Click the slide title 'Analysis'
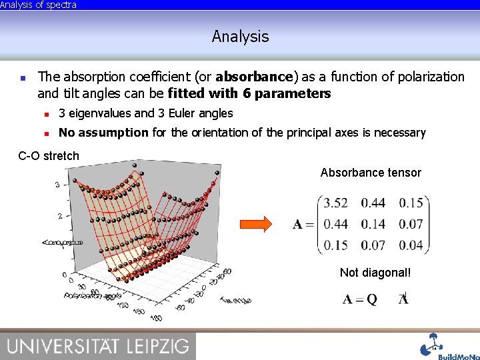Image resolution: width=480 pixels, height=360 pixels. (240, 37)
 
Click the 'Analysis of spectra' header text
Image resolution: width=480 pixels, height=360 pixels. (39, 5)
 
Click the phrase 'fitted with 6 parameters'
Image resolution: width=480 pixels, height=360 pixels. (249, 93)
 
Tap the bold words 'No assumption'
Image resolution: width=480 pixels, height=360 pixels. (103, 133)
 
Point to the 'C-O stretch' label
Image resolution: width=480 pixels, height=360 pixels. (49, 156)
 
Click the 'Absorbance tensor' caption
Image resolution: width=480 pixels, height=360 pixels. (371, 173)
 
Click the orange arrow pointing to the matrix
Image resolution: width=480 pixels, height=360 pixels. (256, 224)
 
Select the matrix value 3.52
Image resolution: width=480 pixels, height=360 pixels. (335, 203)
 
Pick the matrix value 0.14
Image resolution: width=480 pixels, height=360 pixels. (373, 224)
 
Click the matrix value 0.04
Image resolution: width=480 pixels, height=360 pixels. (411, 245)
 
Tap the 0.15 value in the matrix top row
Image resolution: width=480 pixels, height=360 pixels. (411, 203)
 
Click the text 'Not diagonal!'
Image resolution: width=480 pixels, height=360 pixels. (375, 273)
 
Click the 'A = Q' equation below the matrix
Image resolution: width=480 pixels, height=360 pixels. (361, 299)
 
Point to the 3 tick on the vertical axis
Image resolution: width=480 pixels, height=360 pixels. (58, 185)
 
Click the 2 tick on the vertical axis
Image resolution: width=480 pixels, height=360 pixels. (61, 216)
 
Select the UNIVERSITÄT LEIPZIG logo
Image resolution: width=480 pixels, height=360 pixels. (98, 346)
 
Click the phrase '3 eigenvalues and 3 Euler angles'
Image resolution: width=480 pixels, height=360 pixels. (145, 113)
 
